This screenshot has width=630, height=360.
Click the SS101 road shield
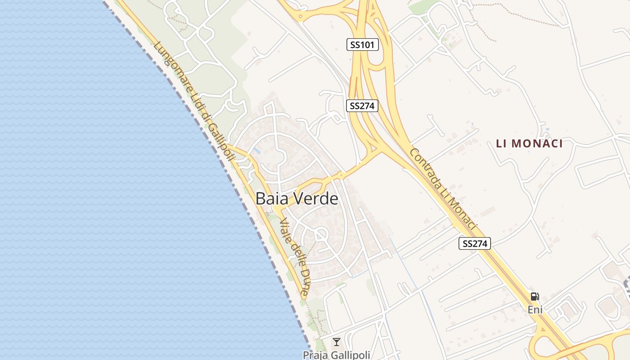tap(363, 45)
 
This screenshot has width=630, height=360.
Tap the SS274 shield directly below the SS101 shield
tap(362, 106)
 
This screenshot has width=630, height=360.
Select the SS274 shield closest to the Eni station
tap(475, 243)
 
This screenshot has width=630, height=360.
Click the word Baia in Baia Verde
tap(272, 198)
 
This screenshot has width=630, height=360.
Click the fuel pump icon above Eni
tap(535, 297)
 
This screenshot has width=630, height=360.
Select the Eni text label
tap(535, 310)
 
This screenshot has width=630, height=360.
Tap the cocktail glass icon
tap(336, 342)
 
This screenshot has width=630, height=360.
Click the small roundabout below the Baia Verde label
tap(321, 234)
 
